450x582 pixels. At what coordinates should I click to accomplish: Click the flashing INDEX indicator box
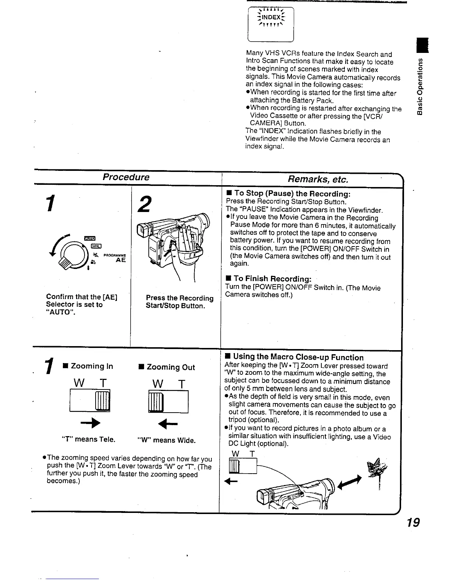(271, 24)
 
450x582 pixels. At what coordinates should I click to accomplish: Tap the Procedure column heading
(126, 177)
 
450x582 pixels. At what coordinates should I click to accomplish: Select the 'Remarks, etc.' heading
(318, 179)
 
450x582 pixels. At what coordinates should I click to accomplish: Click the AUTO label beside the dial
(90, 238)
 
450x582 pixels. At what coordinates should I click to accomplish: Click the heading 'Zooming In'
(92, 366)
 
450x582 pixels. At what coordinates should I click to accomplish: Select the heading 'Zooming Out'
(171, 367)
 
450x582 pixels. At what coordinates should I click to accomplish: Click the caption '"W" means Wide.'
(167, 440)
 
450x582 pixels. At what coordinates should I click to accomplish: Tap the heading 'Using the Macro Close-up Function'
(298, 357)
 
